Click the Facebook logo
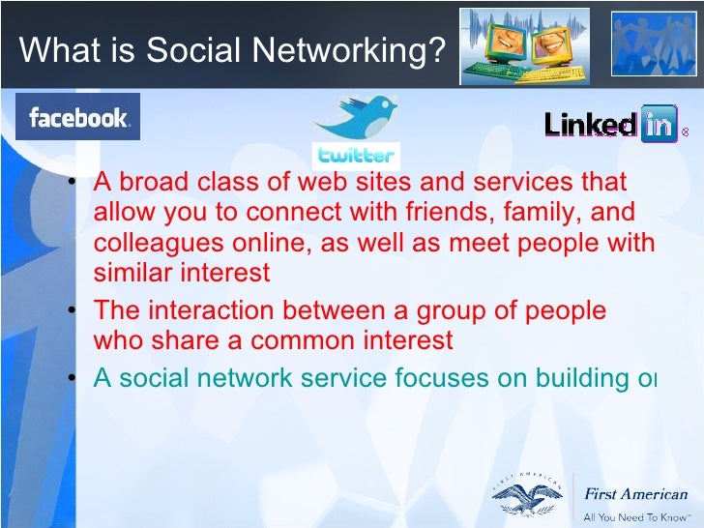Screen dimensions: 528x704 (x=77, y=118)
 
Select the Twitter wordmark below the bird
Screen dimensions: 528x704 (x=356, y=156)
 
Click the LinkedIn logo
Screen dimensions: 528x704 (x=610, y=125)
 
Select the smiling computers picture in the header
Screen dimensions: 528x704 (x=523, y=44)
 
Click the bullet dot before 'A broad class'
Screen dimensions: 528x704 (x=73, y=183)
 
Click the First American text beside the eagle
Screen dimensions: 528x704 (x=635, y=494)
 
